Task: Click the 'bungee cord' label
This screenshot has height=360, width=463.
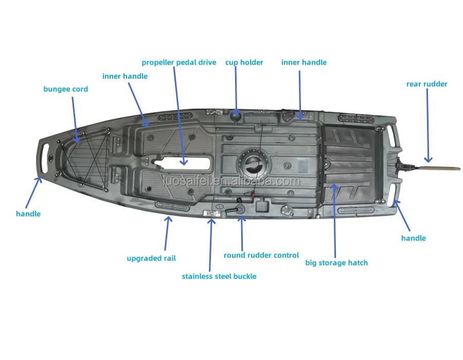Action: [x=65, y=89]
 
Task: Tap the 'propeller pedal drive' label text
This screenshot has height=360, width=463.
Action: [x=179, y=63]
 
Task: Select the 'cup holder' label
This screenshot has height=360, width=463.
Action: [x=244, y=63]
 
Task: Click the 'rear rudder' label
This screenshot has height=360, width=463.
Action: [x=426, y=84]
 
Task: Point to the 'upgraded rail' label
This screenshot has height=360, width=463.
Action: [x=151, y=258]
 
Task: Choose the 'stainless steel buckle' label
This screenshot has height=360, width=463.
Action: [x=219, y=276]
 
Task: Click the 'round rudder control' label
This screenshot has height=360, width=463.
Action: [x=261, y=255]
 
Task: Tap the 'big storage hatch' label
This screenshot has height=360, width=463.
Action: [x=336, y=263]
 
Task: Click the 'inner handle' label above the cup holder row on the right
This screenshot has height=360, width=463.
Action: [x=304, y=63]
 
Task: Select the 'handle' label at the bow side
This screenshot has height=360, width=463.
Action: [x=28, y=213]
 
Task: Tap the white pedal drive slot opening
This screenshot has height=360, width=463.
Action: [x=186, y=164]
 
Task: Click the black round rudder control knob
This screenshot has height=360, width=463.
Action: [x=239, y=210]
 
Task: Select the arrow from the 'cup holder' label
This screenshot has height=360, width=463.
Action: [x=236, y=90]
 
